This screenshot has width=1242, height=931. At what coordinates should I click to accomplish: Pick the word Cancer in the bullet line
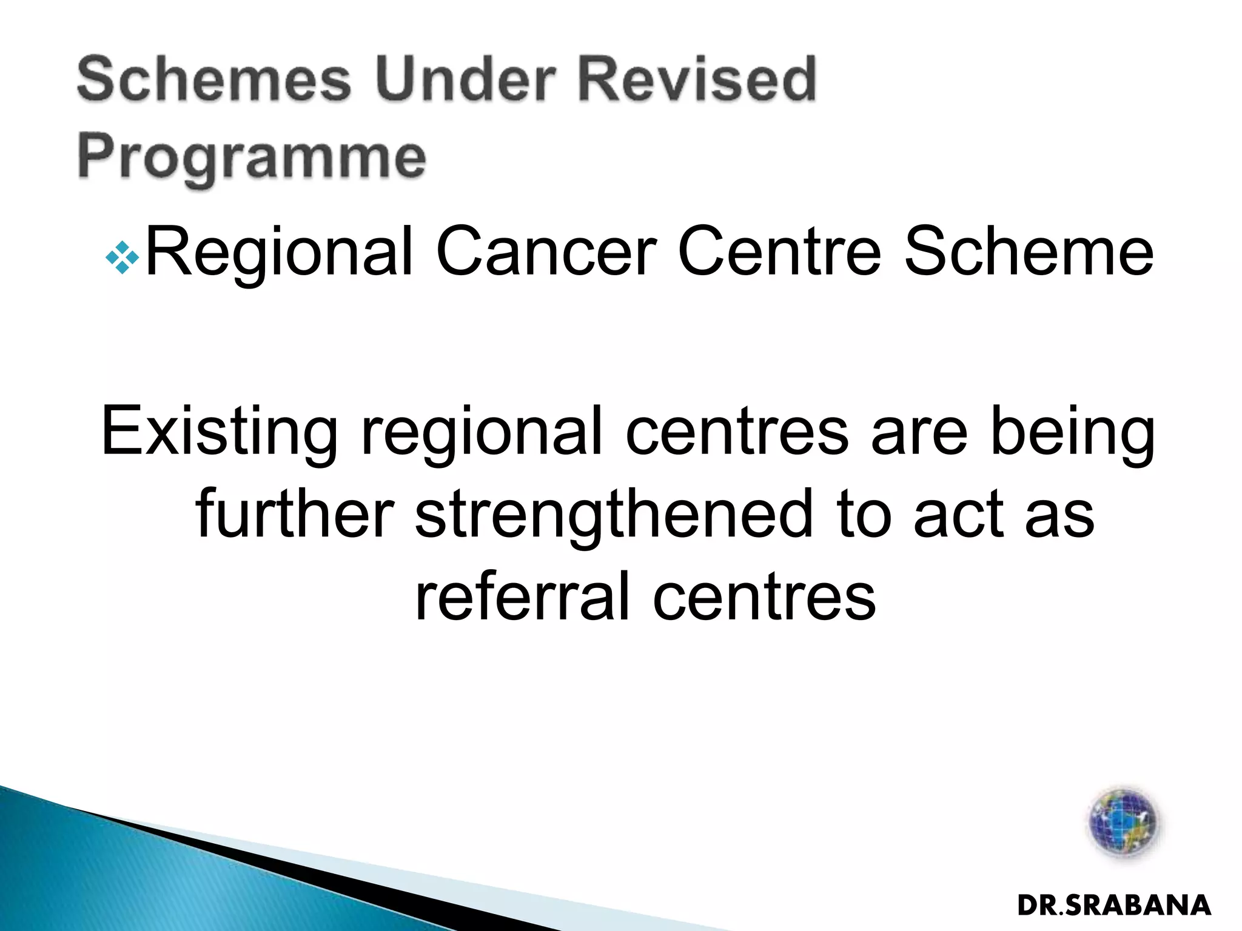click(545, 252)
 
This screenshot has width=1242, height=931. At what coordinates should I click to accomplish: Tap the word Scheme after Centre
click(1029, 252)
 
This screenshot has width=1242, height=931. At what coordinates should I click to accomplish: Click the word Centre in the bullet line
click(779, 252)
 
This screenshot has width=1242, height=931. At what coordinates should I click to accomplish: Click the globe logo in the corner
click(1123, 823)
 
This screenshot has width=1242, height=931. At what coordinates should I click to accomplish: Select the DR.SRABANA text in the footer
click(1114, 906)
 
